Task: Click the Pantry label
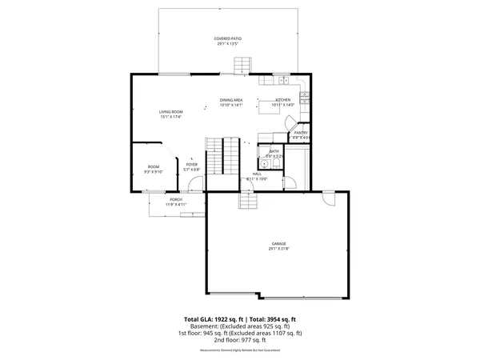click(x=301, y=133)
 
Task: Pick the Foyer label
click(x=192, y=165)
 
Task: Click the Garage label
click(x=278, y=243)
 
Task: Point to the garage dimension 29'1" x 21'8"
click(x=278, y=249)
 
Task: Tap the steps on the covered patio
click(x=248, y=64)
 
